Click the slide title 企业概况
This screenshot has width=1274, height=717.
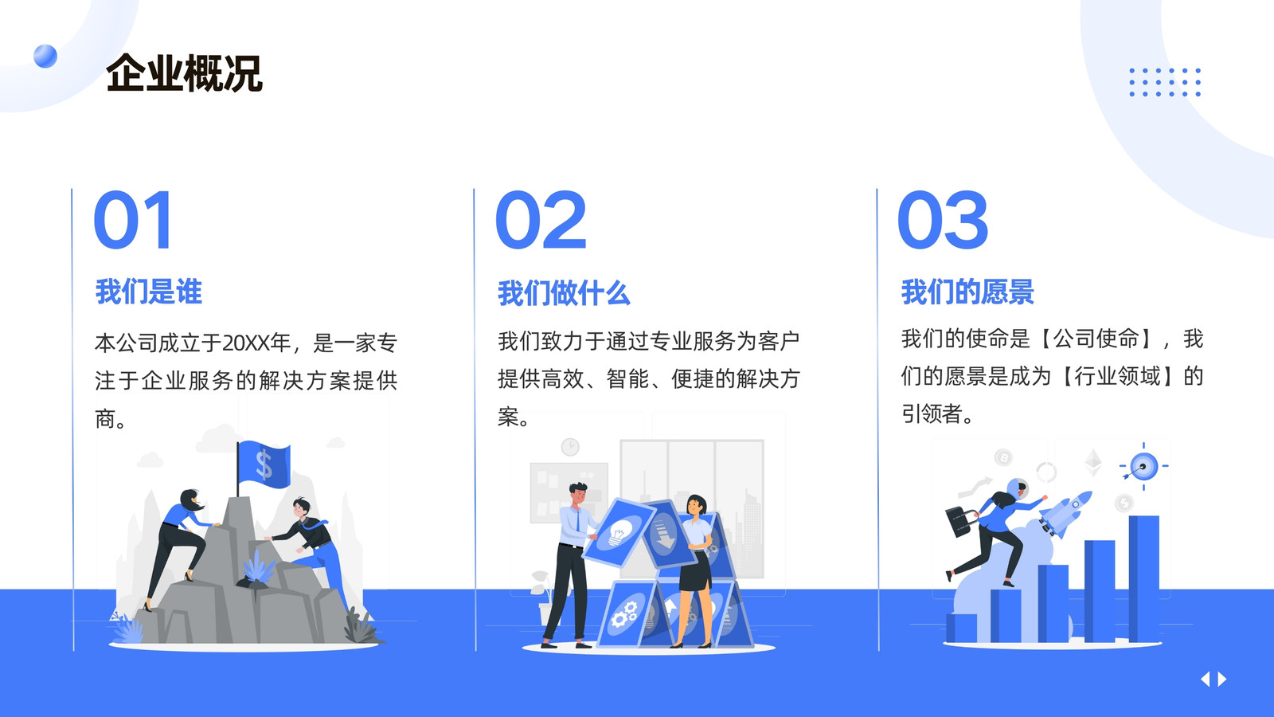click(x=184, y=72)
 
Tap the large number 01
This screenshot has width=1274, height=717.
click(x=133, y=220)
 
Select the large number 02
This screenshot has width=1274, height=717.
click(x=541, y=220)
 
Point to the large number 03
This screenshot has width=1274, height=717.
click(x=943, y=220)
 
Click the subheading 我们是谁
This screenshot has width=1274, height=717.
click(x=148, y=292)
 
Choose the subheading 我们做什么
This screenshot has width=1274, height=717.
click(x=564, y=293)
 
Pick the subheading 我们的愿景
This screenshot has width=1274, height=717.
click(x=967, y=292)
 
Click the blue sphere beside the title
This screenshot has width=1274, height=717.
click(x=45, y=56)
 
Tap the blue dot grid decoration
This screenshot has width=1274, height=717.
click(x=1165, y=82)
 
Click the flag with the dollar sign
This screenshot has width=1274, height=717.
click(x=264, y=464)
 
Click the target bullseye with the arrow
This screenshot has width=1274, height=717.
click(x=1143, y=467)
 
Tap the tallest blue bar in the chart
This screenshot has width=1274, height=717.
click(x=1143, y=578)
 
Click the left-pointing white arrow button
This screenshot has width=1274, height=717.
click(x=1205, y=679)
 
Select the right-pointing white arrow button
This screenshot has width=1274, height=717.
click(x=1221, y=679)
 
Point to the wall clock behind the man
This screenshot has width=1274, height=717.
click(x=570, y=447)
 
